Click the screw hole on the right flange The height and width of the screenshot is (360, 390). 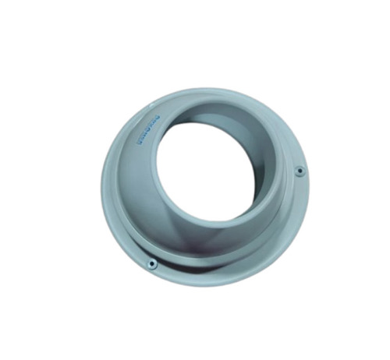tap(299, 171)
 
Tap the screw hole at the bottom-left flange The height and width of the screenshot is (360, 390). tap(152, 264)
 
